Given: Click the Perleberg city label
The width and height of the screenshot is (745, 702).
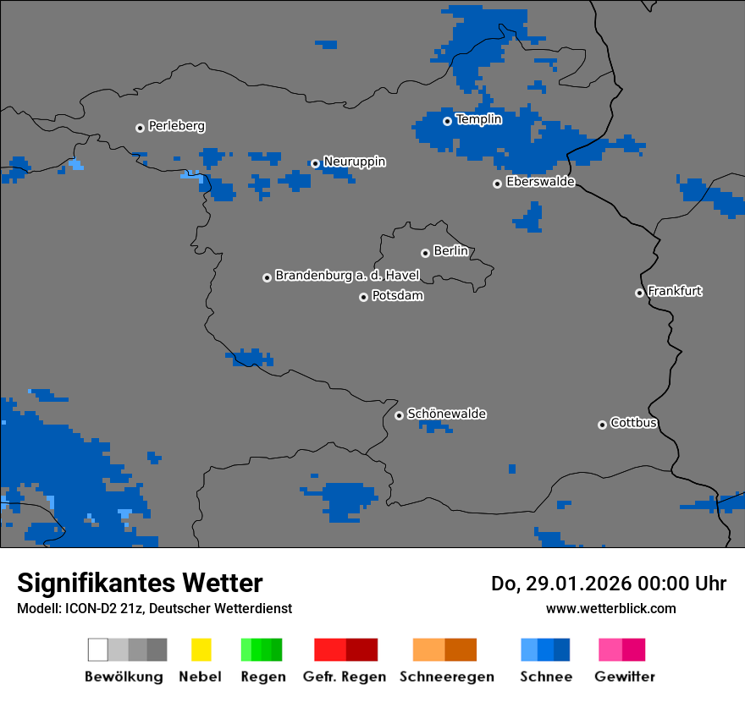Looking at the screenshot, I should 176,126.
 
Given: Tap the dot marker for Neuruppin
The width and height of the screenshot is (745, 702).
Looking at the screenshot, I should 315,163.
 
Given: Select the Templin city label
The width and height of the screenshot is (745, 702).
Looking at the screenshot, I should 478,119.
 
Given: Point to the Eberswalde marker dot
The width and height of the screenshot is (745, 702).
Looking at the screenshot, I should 497,184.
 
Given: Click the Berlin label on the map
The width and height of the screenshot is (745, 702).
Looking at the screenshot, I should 450,251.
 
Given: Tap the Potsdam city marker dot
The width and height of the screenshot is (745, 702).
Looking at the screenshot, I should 363,297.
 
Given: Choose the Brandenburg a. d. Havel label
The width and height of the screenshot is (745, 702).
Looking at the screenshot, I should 347,276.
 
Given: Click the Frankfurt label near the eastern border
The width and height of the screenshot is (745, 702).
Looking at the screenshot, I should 675,291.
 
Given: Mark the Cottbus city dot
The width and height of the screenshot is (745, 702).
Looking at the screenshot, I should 602,425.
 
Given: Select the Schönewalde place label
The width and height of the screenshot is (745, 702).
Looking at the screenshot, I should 446,414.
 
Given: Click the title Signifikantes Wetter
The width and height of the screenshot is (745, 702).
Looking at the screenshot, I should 140,583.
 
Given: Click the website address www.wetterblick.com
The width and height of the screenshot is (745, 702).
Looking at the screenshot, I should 610,608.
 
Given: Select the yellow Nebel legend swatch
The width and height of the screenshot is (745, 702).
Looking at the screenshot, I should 201,650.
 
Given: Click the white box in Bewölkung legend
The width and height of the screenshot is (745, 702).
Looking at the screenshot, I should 98,650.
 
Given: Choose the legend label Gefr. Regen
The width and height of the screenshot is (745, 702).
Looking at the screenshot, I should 345,677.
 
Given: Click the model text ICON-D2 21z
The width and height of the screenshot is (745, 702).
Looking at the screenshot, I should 97,608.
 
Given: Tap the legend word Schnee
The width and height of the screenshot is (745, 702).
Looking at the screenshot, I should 545,677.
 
